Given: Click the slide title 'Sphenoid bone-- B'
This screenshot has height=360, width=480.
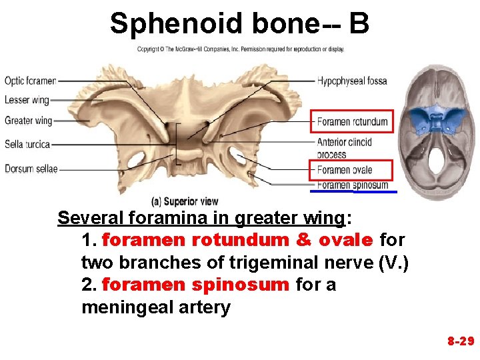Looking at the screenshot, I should pos(239,23).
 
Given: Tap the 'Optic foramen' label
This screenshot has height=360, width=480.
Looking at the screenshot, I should pos(30,81).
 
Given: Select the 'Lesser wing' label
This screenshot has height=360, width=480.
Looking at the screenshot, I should pos(27,101).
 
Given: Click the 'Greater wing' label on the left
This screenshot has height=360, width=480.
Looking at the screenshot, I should pos(28,121).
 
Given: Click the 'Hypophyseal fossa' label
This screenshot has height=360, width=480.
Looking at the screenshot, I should pos(351,81).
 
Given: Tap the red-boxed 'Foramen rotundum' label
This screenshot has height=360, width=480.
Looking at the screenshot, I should pos(352,122).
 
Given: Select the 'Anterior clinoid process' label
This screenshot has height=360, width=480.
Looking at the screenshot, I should pos(344,148).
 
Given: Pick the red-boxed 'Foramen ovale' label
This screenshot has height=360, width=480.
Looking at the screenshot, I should pos(345,170).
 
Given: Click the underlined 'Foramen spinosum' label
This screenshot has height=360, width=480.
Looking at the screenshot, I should pos(352,185).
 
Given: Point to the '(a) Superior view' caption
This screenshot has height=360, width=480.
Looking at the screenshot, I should pos(185,201).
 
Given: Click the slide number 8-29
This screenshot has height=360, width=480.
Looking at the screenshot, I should pos(460,341).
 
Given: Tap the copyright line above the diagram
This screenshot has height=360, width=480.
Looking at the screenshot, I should pos(241,49).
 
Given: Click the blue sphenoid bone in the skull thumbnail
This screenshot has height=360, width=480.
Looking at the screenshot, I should pos(437,121).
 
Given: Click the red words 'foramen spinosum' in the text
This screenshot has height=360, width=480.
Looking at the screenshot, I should pos(196,285).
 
